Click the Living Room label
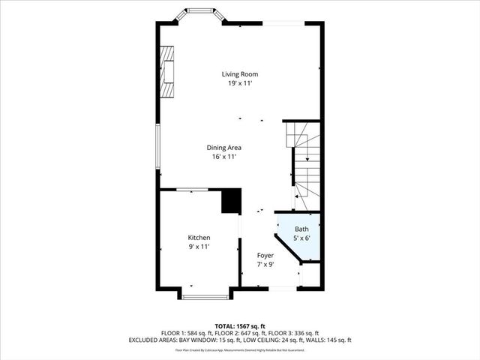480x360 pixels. [239, 73]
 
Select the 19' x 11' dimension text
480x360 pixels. [239, 83]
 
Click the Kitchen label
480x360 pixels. [199, 237]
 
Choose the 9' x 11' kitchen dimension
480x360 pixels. [199, 246]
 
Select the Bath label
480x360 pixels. [301, 229]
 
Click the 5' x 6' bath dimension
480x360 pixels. [301, 238]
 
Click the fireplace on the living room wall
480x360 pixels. [166, 71]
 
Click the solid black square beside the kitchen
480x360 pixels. [231, 201]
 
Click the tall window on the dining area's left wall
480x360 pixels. [157, 146]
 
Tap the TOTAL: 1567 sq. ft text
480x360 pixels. [240, 326]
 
